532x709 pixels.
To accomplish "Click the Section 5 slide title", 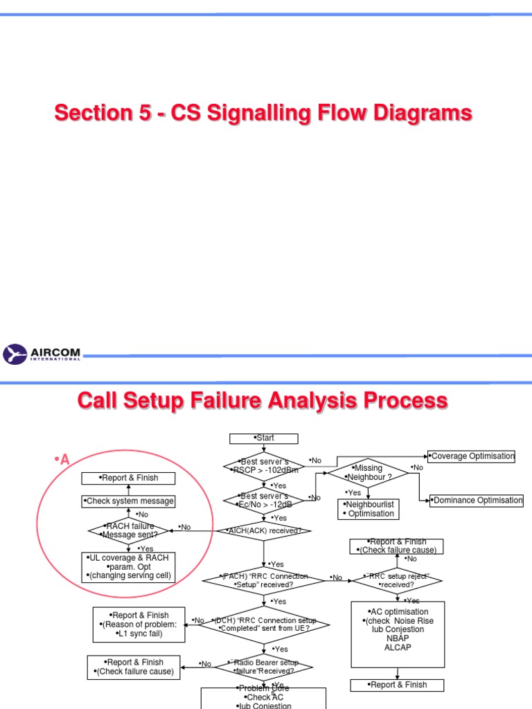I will point(263,113).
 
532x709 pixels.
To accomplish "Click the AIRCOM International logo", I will point(42,354).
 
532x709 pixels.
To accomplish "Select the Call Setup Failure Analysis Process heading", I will point(263,401).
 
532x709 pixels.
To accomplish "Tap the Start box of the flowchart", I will point(264,438).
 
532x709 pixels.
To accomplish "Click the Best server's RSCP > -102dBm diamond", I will point(264,466).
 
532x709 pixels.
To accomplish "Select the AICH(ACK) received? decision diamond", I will point(264,531).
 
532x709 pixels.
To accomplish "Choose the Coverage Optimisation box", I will point(472,456).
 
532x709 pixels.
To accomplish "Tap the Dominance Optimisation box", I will point(477,500).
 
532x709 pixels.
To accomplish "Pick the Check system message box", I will point(128,501).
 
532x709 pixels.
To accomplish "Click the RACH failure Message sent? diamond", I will point(129,530).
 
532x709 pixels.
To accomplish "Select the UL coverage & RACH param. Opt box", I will point(129,566).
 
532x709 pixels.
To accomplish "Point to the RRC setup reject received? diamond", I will point(397,580).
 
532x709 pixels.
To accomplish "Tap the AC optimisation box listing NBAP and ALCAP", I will point(398,630).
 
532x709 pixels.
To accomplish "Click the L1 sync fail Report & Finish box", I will point(139,625).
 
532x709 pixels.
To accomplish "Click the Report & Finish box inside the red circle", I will point(129,478).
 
